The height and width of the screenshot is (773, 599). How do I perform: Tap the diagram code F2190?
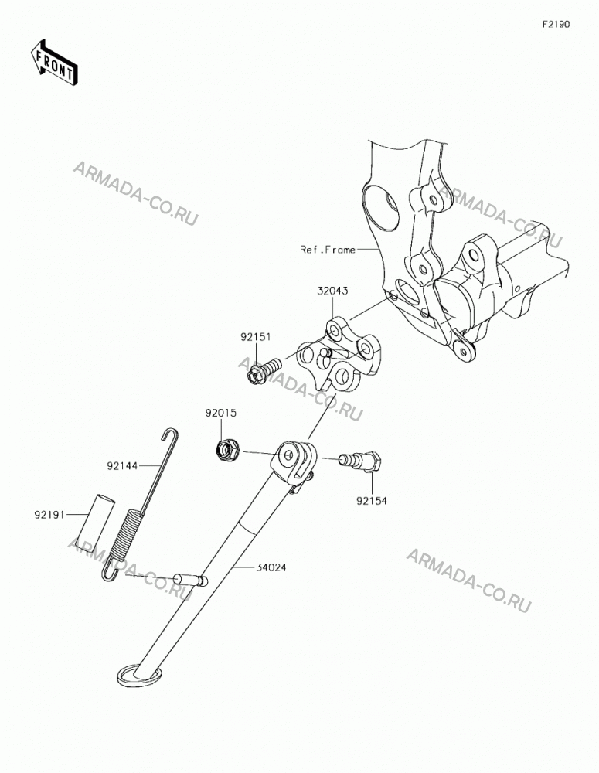tap(556, 24)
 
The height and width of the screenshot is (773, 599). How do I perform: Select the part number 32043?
tap(332, 291)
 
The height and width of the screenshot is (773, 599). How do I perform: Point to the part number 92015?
tap(221, 413)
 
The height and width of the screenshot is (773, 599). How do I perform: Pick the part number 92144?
tap(121, 465)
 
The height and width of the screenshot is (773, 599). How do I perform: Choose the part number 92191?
tap(49, 515)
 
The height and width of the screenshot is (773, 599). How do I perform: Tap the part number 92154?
tap(372, 501)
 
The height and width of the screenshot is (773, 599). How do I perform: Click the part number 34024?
tap(271, 567)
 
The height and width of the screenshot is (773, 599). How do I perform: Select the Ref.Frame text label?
tap(328, 250)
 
